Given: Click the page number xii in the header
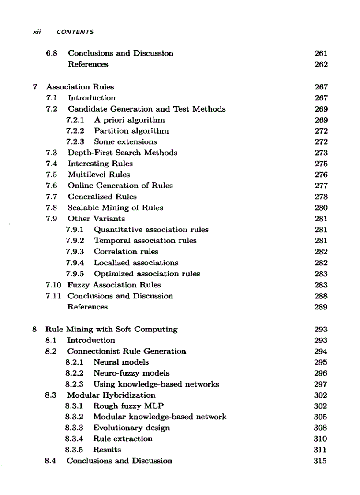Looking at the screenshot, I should click(37, 32).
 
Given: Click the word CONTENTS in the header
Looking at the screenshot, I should click(75, 32).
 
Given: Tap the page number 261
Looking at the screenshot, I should click(321, 53).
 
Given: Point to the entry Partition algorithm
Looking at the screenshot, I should click(131, 131).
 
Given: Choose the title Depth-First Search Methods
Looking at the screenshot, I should click(122, 153).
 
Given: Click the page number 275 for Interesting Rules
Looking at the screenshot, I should click(321, 164).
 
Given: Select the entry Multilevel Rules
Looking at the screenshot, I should click(99, 175).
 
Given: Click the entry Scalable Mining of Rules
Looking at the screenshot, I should click(115, 208).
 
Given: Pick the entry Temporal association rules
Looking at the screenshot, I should click(145, 241).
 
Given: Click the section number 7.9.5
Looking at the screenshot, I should click(75, 274).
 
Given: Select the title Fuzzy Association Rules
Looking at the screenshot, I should click(114, 285).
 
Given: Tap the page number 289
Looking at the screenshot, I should click(321, 307).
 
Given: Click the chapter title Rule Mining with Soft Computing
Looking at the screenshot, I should click(112, 329).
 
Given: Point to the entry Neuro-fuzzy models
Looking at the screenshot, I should click(131, 373).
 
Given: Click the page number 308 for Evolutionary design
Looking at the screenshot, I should click(321, 428).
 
